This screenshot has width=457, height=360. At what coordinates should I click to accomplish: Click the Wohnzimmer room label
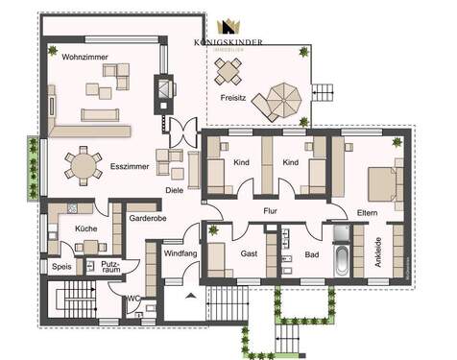click(x=83, y=58)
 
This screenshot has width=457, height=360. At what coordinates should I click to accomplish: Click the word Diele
click(x=174, y=190)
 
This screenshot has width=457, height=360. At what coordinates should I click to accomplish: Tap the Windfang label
click(x=180, y=254)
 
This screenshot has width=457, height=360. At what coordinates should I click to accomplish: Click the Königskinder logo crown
click(x=229, y=28)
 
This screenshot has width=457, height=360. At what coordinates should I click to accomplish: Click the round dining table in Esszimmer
click(x=82, y=167)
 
